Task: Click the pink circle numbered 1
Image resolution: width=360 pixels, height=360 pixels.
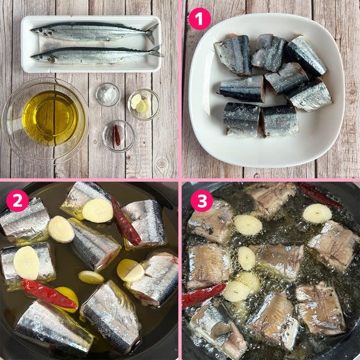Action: tap(199, 19)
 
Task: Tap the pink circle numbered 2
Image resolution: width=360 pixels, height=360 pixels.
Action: tap(17, 200)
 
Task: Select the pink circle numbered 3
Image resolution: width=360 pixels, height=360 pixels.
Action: tap(202, 200)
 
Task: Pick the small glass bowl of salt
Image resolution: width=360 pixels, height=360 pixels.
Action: tap(108, 94)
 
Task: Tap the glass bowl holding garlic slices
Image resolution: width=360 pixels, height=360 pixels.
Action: tap(144, 104)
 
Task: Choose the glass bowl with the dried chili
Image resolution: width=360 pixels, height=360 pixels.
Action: tap(119, 136)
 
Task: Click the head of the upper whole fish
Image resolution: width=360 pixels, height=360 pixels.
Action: tap(41, 32)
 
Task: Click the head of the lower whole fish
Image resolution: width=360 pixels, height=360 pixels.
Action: tap(42, 58)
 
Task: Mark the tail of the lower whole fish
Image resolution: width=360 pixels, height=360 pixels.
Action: tap(156, 52)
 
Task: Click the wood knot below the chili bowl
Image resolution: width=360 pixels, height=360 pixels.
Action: tap(161, 163)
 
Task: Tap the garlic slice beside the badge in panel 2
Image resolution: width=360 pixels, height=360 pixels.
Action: tap(61, 229)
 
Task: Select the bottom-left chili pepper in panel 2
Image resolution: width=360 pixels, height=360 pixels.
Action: tap(49, 294)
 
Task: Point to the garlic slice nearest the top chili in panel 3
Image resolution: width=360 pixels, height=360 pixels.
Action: tap(317, 214)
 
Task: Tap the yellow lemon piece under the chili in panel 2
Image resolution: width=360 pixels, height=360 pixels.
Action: tap(69, 298)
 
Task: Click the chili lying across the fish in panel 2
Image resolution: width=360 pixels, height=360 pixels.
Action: tap(126, 222)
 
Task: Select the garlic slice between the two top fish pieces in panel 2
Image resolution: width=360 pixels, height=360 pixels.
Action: tap(98, 211)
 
